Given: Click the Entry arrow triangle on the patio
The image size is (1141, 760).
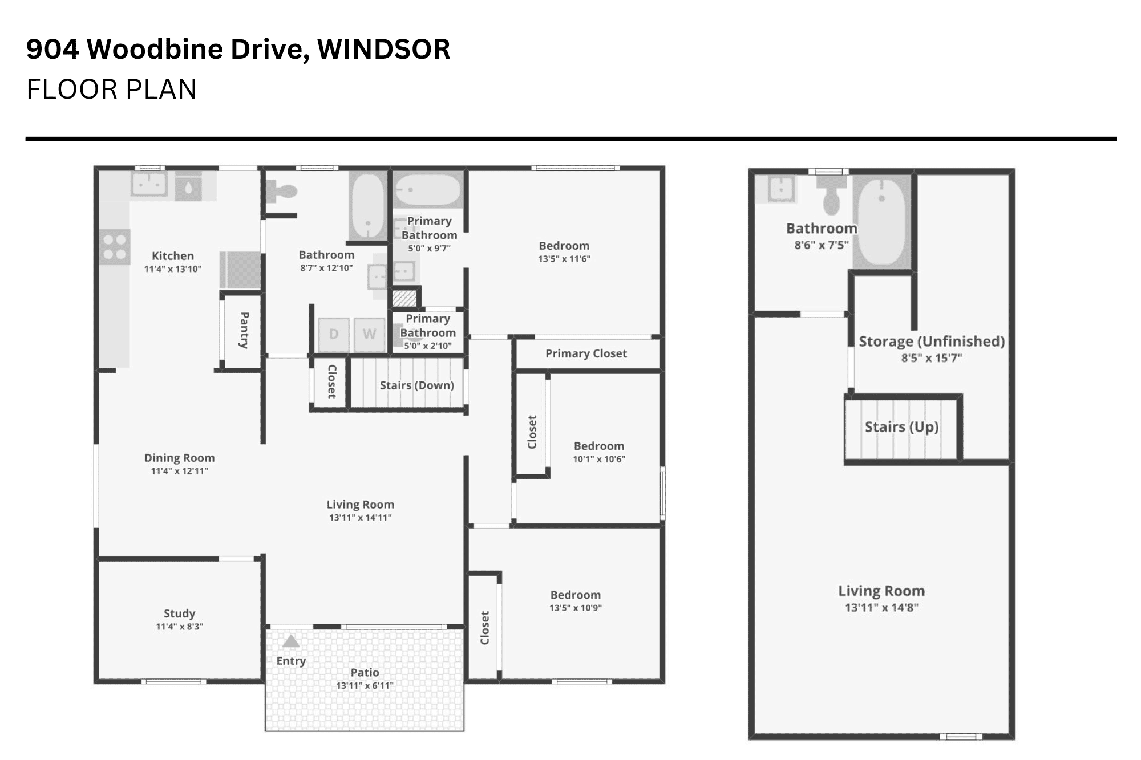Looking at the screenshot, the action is [291, 641].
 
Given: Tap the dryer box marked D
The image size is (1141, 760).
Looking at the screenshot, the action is [334, 334].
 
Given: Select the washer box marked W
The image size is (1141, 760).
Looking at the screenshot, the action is [370, 334].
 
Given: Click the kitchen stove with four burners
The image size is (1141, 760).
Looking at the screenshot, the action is [115, 246].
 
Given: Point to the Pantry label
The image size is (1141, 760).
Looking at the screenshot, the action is [244, 330].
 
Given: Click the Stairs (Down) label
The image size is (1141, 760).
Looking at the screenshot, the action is [417, 385].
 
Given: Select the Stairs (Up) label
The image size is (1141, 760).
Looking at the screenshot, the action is [901, 427].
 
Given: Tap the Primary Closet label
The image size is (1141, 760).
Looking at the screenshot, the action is [586, 353].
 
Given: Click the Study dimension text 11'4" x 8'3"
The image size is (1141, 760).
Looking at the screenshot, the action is [180, 627].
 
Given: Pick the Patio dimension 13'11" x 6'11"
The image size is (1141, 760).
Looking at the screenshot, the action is [365, 685].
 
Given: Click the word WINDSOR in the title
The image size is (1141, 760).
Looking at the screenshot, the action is [384, 49].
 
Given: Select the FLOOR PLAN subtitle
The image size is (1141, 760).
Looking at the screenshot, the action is [112, 89].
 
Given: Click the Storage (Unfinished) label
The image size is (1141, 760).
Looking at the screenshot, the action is [932, 342].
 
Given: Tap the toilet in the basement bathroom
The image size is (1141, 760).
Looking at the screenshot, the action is [831, 194].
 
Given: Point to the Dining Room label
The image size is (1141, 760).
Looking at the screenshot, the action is [180, 458].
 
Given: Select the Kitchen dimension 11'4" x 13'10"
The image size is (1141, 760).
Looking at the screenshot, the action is [173, 269].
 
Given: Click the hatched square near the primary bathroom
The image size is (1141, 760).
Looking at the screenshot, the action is [404, 299].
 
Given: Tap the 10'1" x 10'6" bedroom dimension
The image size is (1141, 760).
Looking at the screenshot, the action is [599, 459].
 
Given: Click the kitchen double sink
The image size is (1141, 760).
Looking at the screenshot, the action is [149, 184].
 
